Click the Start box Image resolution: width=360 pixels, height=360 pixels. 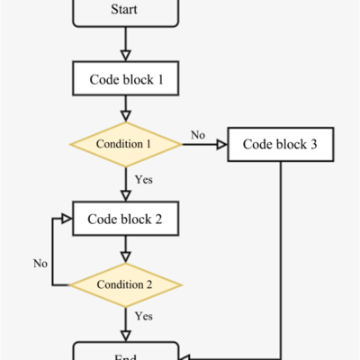(125, 11)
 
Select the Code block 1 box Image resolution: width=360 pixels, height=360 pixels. (125, 79)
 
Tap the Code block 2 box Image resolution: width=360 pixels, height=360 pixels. (125, 218)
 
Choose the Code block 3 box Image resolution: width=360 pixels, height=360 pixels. (281, 144)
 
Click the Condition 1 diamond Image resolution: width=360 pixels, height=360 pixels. (125, 144)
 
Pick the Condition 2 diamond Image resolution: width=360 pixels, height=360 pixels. (125, 284)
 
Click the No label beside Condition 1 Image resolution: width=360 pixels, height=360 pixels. (197, 136)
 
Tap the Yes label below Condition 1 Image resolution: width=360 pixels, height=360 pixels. (143, 180)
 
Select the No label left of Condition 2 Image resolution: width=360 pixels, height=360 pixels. (40, 264)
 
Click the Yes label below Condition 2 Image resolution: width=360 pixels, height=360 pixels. (143, 317)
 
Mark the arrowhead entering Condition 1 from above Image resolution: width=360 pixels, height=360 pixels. (125, 117)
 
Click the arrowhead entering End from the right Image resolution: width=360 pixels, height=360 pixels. (186, 355)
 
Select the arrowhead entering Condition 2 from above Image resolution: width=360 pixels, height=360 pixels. (125, 257)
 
